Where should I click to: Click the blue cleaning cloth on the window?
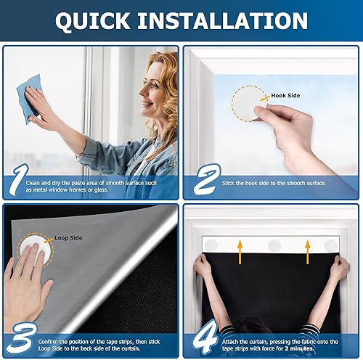[30, 99]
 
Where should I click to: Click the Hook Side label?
[285, 95]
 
